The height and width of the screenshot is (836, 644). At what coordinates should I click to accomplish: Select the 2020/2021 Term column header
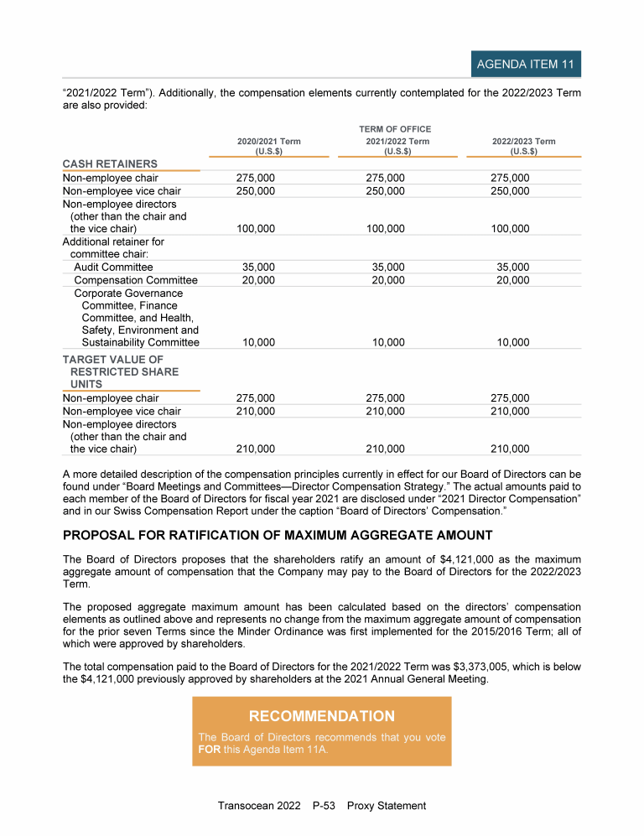[x=268, y=147]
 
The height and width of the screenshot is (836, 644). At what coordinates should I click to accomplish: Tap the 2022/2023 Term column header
[x=523, y=147]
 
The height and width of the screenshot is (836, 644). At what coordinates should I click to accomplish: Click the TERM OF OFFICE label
[x=395, y=129]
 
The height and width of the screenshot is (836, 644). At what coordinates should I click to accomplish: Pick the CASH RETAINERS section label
[x=110, y=164]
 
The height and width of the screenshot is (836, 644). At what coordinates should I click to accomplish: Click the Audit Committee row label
[x=113, y=267]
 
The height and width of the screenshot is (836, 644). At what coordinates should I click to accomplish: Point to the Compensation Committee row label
[x=136, y=280]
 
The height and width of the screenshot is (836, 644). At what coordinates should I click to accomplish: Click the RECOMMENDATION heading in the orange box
[x=321, y=716]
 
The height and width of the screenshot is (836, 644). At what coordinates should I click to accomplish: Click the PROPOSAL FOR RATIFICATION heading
[x=278, y=536]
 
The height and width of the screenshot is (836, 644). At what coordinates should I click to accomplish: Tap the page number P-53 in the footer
[x=325, y=806]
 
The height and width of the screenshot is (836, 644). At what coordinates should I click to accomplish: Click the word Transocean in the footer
[x=247, y=806]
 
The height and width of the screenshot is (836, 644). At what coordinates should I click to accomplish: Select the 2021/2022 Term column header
[x=397, y=147]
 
